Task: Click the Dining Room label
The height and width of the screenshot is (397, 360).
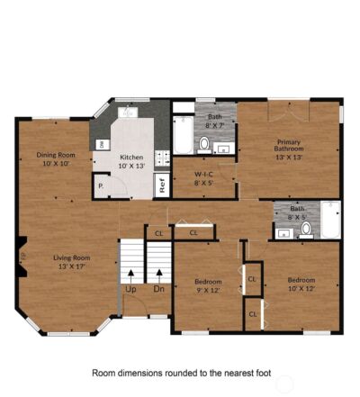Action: pyautogui.click(x=56, y=158)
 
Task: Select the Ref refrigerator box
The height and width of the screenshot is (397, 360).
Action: pyautogui.click(x=162, y=185)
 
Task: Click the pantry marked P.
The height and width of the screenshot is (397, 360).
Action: pyautogui.click(x=102, y=186)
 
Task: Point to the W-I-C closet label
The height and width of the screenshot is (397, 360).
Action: pyautogui.click(x=203, y=177)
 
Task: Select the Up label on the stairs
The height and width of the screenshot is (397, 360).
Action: pyautogui.click(x=131, y=289)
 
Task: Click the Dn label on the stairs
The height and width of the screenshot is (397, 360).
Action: pyautogui.click(x=158, y=289)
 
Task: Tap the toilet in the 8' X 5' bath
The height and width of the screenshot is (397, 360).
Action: pyautogui.click(x=306, y=229)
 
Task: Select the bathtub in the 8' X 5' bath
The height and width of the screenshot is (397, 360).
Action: pyautogui.click(x=330, y=219)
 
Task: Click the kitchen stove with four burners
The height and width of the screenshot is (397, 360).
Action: pyautogui.click(x=163, y=158)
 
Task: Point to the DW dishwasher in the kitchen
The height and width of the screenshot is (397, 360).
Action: pyautogui.click(x=102, y=143)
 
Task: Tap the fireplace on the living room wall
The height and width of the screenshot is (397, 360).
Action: pyautogui.click(x=22, y=259)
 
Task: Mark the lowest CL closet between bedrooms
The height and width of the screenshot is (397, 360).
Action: pyautogui.click(x=253, y=314)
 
